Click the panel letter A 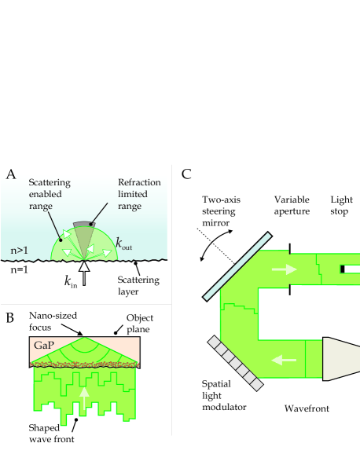tap(11, 174)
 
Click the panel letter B tap(9, 317)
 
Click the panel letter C tap(186, 174)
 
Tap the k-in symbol tap(71, 281)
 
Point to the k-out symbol tap(123, 243)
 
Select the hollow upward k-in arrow tap(84, 273)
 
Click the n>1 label tap(20, 251)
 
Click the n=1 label tap(20, 269)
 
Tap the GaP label tap(44, 345)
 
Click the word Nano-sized tap(53, 316)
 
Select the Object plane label tap(139, 324)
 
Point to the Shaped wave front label tap(51, 434)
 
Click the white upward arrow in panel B tap(85, 398)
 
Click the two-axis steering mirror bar tap(237, 266)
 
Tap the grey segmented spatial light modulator tap(235, 363)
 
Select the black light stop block tap(343, 269)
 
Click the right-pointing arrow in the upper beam tap(285, 269)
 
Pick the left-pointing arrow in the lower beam tap(284, 360)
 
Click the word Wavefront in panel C tap(307, 408)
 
